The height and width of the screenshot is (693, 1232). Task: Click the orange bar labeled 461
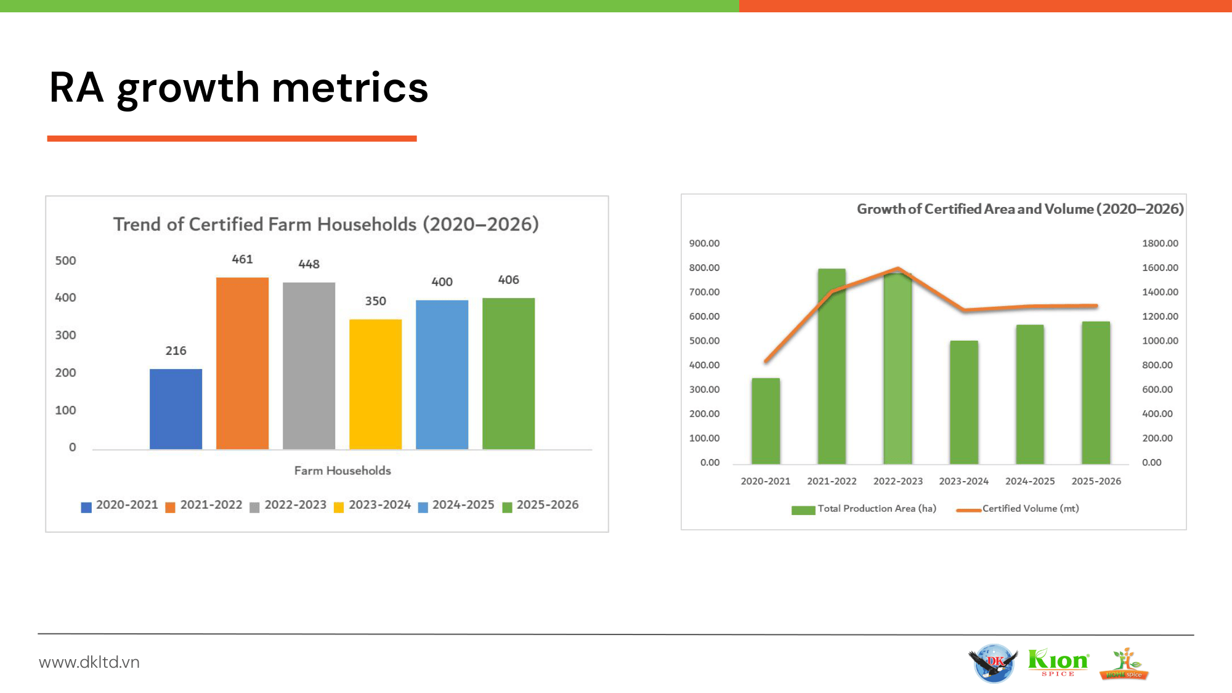[x=242, y=363]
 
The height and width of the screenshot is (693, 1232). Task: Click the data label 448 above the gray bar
[x=309, y=264]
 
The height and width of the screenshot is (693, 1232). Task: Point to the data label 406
[x=508, y=280]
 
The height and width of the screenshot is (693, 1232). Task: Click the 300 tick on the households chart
[x=65, y=335]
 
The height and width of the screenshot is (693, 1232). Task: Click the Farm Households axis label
[x=342, y=471]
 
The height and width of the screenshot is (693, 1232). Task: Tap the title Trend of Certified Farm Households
[x=326, y=224]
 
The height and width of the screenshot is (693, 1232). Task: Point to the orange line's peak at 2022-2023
[x=898, y=269]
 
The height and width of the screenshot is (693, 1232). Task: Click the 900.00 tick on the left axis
[x=704, y=243]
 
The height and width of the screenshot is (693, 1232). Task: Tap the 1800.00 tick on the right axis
[x=1160, y=243]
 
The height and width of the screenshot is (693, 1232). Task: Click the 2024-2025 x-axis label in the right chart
[x=1030, y=481]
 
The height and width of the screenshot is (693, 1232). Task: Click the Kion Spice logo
[x=1058, y=663]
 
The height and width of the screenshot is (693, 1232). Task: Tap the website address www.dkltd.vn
[x=89, y=662]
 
